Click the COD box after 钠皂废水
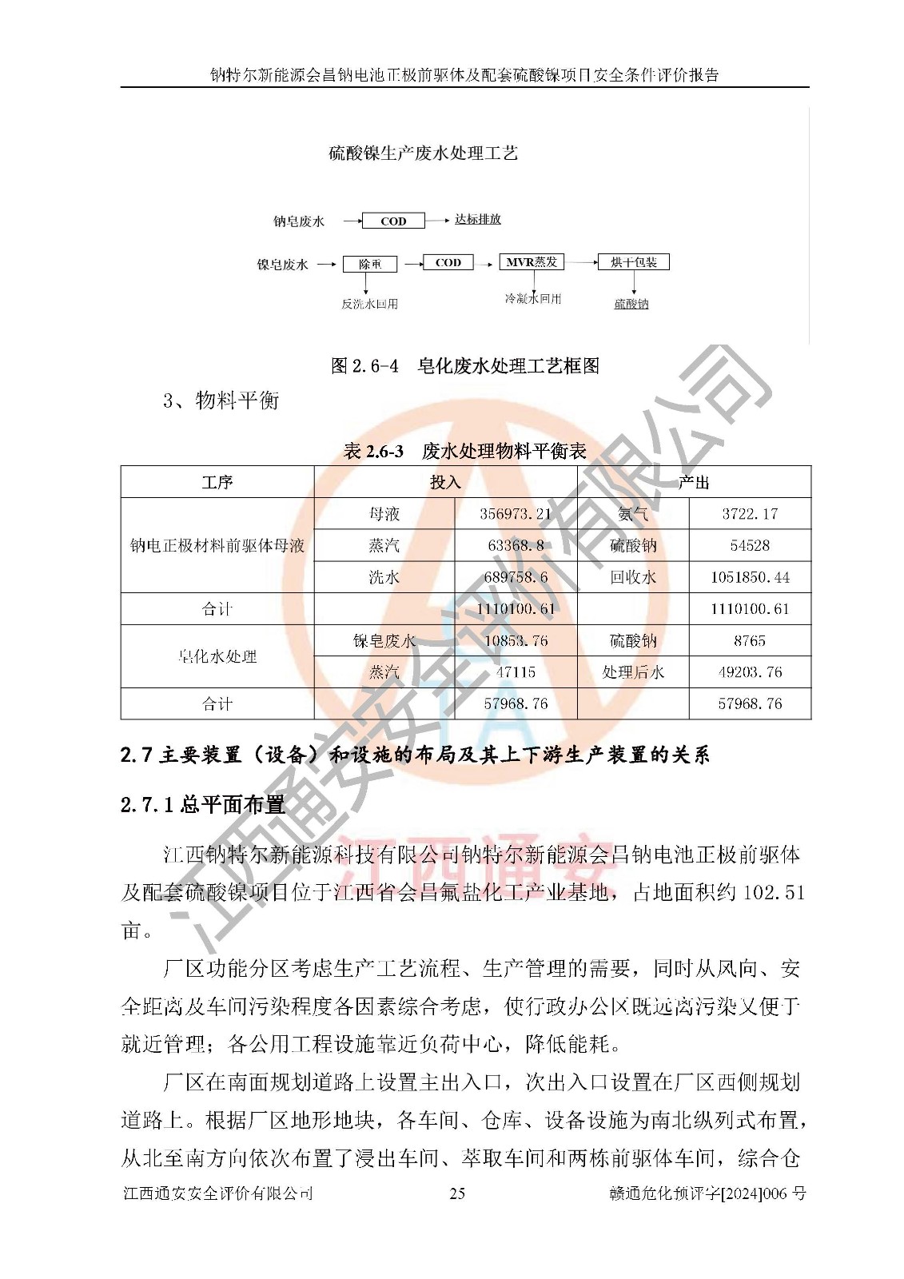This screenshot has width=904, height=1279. (392, 221)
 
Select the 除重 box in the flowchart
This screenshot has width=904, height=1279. (369, 264)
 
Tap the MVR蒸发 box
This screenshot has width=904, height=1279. (532, 261)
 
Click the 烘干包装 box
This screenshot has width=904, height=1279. (633, 261)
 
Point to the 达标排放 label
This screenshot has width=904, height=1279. (477, 219)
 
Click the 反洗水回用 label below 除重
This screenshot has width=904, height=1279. (369, 304)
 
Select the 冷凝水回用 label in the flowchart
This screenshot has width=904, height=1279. (532, 299)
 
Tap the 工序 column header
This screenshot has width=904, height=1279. (217, 482)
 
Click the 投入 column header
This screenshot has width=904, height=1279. (445, 482)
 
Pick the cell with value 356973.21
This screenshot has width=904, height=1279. (516, 514)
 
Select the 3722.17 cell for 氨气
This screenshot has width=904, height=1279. (749, 514)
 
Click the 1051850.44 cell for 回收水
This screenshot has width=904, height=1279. (749, 577)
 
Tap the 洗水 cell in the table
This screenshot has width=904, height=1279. (384, 577)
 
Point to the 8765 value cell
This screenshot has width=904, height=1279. (749, 641)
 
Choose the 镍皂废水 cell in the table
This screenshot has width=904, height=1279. (384, 641)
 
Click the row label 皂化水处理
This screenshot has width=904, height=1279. (217, 656)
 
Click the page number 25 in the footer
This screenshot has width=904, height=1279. (457, 1193)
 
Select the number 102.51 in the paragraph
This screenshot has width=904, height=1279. (773, 893)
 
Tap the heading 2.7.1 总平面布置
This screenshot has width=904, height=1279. (202, 805)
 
